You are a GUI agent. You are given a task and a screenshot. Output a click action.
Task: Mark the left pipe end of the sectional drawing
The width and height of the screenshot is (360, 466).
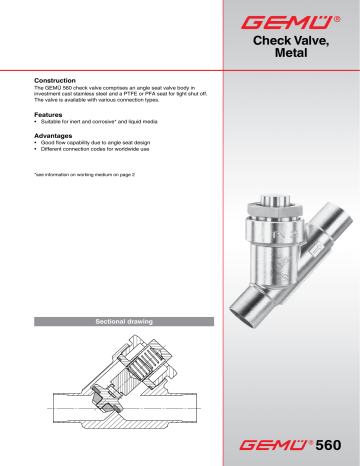(x=60, y=412)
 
